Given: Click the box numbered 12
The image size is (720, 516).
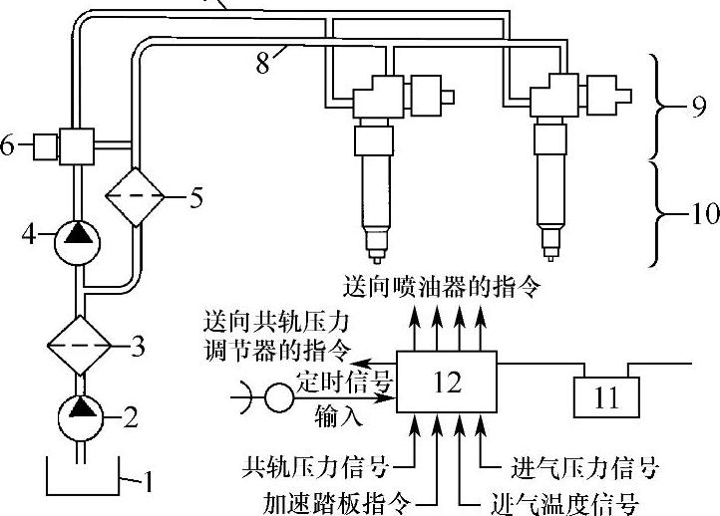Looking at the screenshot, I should (448, 381).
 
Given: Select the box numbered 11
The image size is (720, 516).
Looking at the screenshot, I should (605, 397).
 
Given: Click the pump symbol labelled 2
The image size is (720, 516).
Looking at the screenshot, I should (77, 411).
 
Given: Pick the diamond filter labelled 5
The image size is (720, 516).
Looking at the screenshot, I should (136, 195).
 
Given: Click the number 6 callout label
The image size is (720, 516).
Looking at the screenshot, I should (9, 146).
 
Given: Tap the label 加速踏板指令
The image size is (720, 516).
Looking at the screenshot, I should (340, 501).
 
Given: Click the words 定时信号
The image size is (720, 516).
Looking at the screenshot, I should (345, 381).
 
